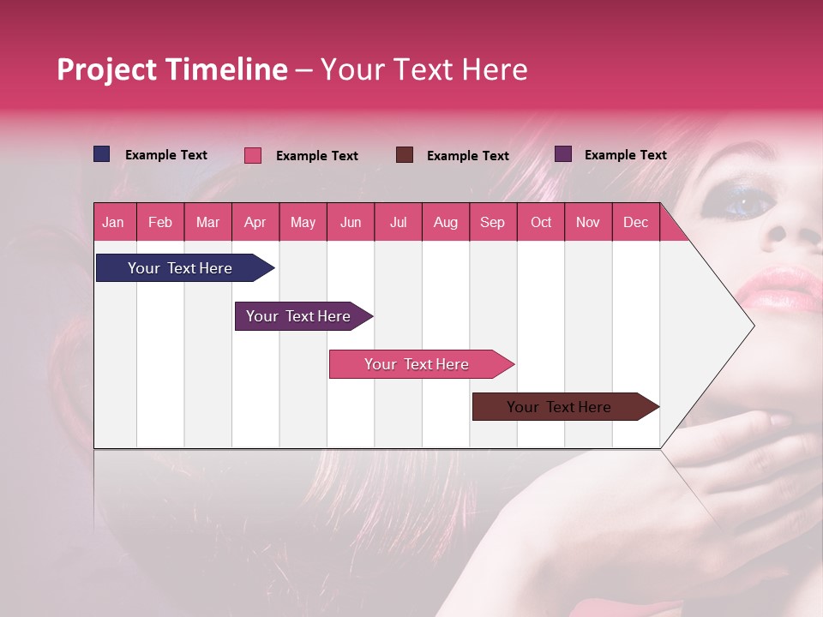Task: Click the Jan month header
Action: (x=113, y=222)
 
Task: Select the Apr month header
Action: (x=255, y=222)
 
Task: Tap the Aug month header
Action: (x=445, y=222)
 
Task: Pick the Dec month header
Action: (x=635, y=222)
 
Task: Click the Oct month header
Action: (x=540, y=222)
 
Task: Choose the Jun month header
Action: (x=350, y=222)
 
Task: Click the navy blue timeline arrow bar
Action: (x=180, y=268)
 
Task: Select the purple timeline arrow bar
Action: (x=298, y=316)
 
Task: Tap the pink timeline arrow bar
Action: (x=417, y=364)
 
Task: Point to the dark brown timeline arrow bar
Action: (x=559, y=407)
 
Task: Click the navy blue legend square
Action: (x=101, y=154)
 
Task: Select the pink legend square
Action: (x=252, y=155)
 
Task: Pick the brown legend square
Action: (x=404, y=155)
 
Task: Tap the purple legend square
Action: (x=562, y=154)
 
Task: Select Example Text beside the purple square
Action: (x=625, y=155)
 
